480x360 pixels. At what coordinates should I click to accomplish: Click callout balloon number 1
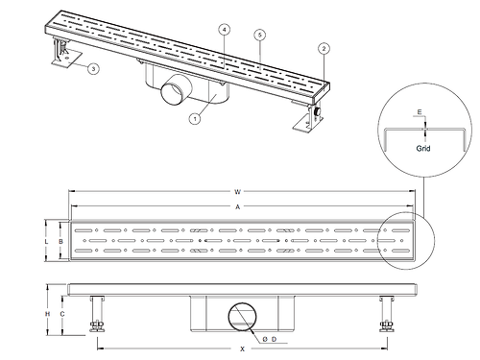coord(195,119)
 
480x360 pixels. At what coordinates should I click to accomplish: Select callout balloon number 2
coord(324,49)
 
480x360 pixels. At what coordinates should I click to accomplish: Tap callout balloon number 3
coord(93,68)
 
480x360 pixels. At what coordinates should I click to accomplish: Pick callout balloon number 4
coord(225,30)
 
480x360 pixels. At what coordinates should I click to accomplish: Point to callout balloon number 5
coord(260,35)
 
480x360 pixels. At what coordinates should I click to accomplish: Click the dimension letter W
coord(237,192)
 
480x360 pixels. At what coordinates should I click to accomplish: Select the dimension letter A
coord(237,207)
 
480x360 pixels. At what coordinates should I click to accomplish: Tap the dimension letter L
coord(46,242)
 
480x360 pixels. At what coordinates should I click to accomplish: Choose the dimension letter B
coord(61,242)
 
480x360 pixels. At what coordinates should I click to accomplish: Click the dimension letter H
coord(47,314)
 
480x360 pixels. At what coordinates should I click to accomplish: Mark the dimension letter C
coord(62,314)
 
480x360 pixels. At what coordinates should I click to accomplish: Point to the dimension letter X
coord(242,348)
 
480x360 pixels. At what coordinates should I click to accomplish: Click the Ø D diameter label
coord(270,339)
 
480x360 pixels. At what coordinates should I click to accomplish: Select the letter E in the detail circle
coord(420,112)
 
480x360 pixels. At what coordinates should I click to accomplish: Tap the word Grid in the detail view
coord(423,148)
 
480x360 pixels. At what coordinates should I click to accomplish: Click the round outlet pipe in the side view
coord(242,317)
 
